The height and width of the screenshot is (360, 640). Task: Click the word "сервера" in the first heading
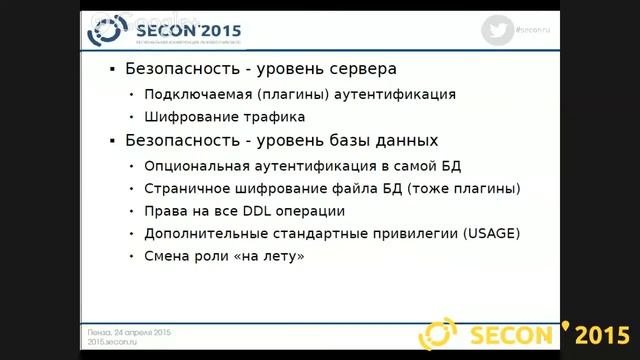tap(358, 70)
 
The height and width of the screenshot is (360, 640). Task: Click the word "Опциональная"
tap(193, 165)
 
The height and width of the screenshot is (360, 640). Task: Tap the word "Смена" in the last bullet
tap(167, 257)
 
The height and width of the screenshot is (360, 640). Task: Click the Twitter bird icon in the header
tap(497, 30)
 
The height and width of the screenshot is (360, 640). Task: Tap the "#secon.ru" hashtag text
tap(538, 30)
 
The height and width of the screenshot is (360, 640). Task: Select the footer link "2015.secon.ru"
tap(111, 342)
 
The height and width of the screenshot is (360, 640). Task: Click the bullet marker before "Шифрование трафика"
tap(131, 118)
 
